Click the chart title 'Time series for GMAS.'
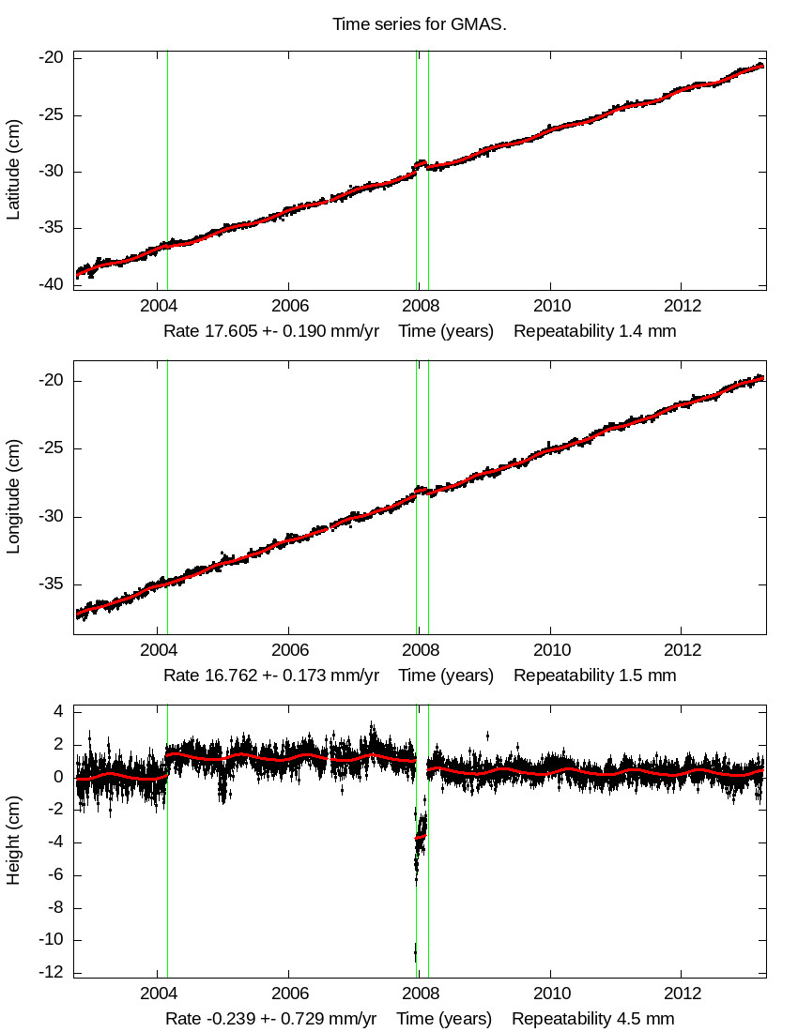(x=420, y=24)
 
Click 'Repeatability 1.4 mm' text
(x=594, y=331)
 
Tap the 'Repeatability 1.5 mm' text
(x=594, y=675)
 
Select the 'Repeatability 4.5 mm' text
(x=592, y=1019)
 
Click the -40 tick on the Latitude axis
(x=52, y=284)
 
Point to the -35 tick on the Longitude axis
(x=52, y=584)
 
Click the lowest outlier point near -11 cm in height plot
(x=415, y=954)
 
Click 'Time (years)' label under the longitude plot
(x=446, y=675)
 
